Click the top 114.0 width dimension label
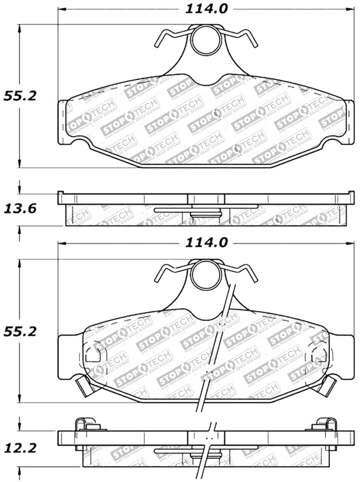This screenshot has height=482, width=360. (x=206, y=9)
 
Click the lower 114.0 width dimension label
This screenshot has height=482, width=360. (x=206, y=243)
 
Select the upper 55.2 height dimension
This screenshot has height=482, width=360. (x=20, y=96)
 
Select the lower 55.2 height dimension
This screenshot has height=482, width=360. (x=20, y=331)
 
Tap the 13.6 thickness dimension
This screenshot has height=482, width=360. (x=20, y=209)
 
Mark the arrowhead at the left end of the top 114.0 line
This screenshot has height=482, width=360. (x=61, y=9)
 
